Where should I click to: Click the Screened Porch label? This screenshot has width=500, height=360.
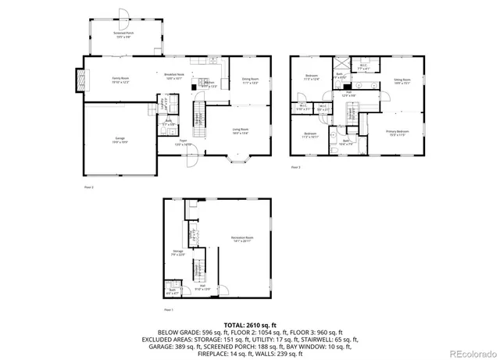[x=123, y=35]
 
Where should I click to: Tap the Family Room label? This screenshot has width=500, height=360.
[x=120, y=80]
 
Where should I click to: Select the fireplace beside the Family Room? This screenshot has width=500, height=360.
[x=78, y=79]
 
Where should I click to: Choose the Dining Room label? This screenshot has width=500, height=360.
[x=250, y=80]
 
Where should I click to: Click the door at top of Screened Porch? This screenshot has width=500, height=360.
[x=123, y=13]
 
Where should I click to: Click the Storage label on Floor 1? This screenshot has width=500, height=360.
[x=178, y=252]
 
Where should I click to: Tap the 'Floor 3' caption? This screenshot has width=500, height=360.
[x=295, y=168]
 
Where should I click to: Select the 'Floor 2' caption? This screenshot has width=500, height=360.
[x=88, y=187]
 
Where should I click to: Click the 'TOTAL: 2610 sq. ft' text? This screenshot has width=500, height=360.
[x=250, y=324]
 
